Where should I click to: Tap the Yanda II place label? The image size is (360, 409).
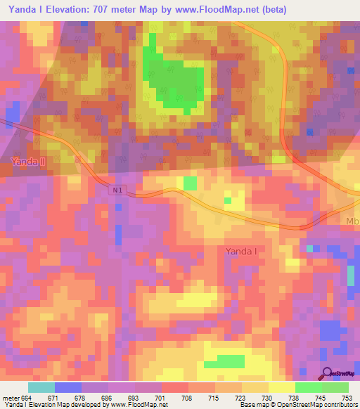tap(29, 162)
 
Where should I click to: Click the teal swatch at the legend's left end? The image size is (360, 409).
tap(41, 387)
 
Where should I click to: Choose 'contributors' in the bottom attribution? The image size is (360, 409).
tap(339, 405)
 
